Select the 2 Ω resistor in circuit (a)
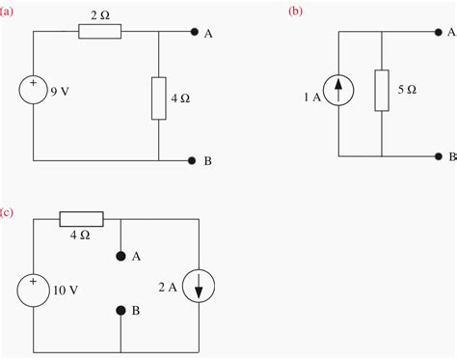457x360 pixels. point(100,32)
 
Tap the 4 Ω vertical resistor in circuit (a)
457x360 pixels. point(157,97)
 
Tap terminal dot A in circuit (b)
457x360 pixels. point(436,31)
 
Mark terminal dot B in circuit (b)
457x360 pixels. point(436,155)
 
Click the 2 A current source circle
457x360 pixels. point(198,286)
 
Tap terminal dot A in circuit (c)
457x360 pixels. point(120,256)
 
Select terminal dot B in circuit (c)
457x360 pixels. point(120,311)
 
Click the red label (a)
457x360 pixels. point(8,9)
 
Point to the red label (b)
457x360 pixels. point(295,9)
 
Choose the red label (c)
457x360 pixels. point(8,210)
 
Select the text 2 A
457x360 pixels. point(167,285)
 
